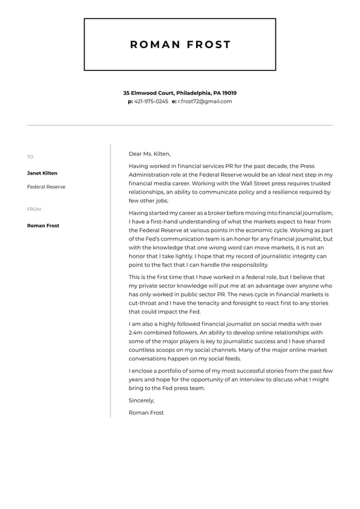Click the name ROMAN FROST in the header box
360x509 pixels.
pos(180,44)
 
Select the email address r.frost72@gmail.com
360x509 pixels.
pos(205,101)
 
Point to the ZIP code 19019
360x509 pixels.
pos(229,93)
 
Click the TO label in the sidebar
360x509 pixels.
pos(30,157)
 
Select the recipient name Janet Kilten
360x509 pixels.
pos(42,173)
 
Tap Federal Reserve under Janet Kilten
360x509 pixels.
pos(46,186)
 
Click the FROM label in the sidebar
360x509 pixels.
pos(34,209)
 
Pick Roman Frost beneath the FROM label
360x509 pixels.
pos(43,226)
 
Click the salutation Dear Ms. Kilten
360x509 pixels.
pos(149,154)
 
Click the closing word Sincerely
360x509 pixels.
pos(141,400)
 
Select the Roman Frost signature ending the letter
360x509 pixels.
pos(146,413)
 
